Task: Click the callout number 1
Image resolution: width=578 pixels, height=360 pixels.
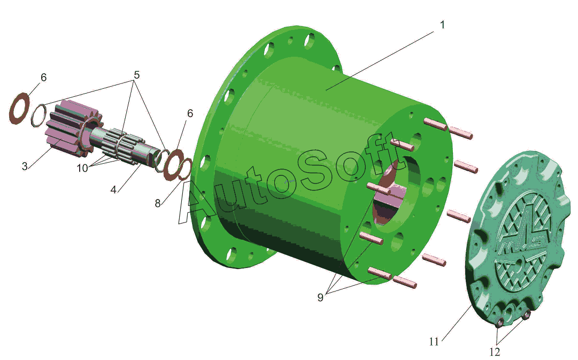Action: (x=442, y=25)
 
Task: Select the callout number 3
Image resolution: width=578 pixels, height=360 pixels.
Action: (x=25, y=166)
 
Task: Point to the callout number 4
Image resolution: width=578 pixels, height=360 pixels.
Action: (x=113, y=189)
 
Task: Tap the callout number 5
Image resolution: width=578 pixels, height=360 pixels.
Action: (x=137, y=75)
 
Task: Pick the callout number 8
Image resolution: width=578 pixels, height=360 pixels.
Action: (x=158, y=203)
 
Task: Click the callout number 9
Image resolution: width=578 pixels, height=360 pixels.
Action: (x=320, y=297)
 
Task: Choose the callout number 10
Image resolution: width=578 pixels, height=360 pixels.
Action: (x=82, y=168)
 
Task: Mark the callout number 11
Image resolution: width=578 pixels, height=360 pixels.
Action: (x=434, y=342)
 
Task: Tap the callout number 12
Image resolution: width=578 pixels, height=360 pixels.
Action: (x=495, y=352)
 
